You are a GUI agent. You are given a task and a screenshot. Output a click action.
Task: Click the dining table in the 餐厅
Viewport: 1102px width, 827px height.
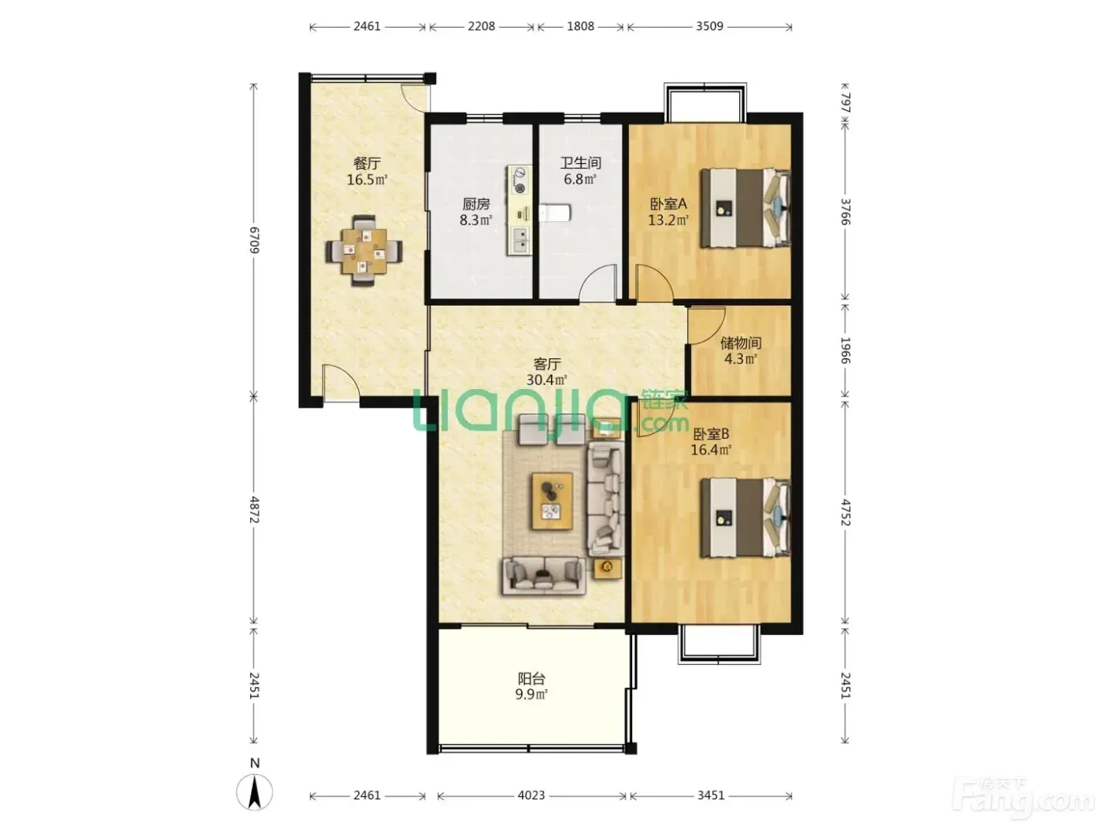pyautogui.click(x=364, y=250)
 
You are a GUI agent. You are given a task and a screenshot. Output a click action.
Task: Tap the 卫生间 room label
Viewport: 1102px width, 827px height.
pyautogui.click(x=580, y=163)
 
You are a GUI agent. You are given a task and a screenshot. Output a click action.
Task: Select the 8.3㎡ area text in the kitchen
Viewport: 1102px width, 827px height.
pyautogui.click(x=475, y=220)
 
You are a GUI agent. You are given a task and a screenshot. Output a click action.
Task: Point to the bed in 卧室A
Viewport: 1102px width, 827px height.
pyautogui.click(x=745, y=208)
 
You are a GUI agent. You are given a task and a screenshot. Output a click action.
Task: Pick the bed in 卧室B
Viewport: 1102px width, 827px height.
pyautogui.click(x=745, y=517)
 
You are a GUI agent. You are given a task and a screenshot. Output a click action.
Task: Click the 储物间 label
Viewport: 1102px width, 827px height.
pyautogui.click(x=741, y=343)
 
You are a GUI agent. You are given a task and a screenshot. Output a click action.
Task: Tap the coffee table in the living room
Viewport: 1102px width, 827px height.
pyautogui.click(x=553, y=501)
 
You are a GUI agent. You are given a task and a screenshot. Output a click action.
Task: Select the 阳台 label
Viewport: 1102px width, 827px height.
pyautogui.click(x=531, y=679)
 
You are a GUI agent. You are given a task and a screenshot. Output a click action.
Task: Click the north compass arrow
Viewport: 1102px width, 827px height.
pyautogui.click(x=254, y=792)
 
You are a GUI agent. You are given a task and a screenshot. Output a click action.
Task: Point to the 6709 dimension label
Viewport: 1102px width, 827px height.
pyautogui.click(x=254, y=240)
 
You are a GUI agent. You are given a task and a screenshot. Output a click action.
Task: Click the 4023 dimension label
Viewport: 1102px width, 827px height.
pyautogui.click(x=531, y=795)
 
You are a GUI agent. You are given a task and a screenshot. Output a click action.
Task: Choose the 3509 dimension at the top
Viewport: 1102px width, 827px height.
pyautogui.click(x=709, y=26)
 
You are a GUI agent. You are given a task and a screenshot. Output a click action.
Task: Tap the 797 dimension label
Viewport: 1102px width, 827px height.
pyautogui.click(x=845, y=102)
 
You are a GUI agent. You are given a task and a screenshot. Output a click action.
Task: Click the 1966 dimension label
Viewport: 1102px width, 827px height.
pyautogui.click(x=845, y=350)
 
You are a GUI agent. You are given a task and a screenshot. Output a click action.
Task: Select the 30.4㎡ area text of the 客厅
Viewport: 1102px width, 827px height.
pyautogui.click(x=547, y=380)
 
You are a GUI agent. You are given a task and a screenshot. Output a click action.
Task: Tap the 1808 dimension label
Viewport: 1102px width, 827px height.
pyautogui.click(x=581, y=26)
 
